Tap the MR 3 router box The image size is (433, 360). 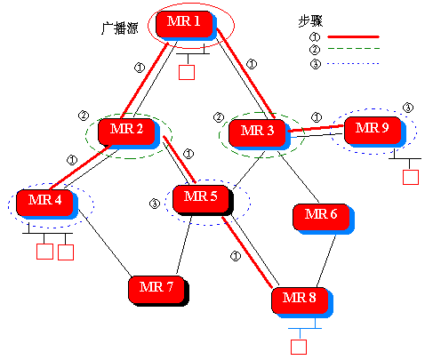(257, 132)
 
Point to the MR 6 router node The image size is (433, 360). (320, 215)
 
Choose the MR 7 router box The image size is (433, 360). (156, 287)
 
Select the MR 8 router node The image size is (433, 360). (298, 298)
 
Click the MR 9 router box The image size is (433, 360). (372, 128)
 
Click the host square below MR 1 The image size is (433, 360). (186, 72)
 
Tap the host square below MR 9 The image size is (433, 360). (410, 175)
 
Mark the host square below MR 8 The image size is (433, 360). (299, 345)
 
